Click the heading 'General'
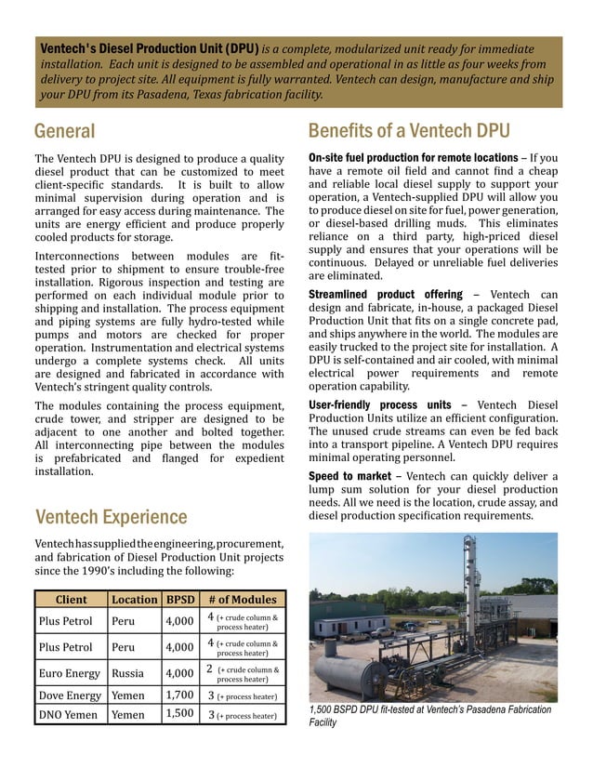(x=64, y=130)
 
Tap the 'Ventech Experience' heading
(x=110, y=517)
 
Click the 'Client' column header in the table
(x=72, y=599)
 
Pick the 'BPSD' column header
(x=178, y=599)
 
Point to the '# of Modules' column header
(x=242, y=599)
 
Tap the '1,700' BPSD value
(x=178, y=695)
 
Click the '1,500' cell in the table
(x=178, y=714)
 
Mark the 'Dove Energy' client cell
(x=70, y=695)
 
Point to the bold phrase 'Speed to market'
(x=349, y=476)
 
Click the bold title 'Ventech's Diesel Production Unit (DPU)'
(x=149, y=48)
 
